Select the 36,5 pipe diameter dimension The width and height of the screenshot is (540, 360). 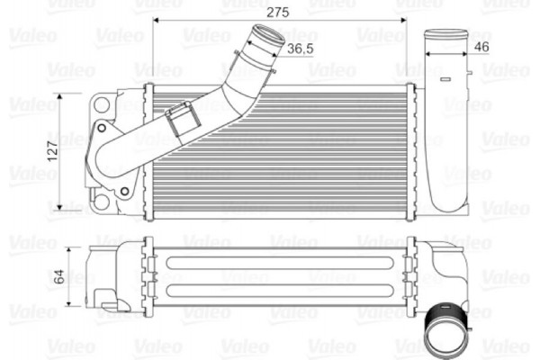(300, 49)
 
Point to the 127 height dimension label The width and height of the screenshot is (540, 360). (52, 148)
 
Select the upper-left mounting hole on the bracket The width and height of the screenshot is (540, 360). (102, 105)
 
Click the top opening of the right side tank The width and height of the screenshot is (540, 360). (445, 35)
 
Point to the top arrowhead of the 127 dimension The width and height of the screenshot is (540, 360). (60, 95)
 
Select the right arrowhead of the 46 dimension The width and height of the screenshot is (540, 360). (465, 54)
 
